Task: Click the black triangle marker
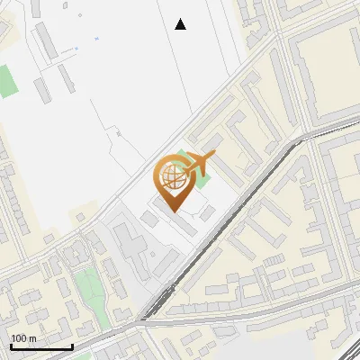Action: pyautogui.click(x=181, y=24)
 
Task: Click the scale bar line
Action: pyautogui.click(x=41, y=346)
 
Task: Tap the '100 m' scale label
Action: pyautogui.click(x=24, y=338)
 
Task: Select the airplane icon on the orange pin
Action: pyautogui.click(x=200, y=163)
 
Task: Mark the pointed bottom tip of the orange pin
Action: pyautogui.click(x=174, y=212)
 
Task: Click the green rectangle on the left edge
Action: pyautogui.click(x=8, y=81)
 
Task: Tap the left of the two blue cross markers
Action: pyautogui.click(x=77, y=48)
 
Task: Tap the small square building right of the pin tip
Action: pyautogui.click(x=207, y=213)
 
